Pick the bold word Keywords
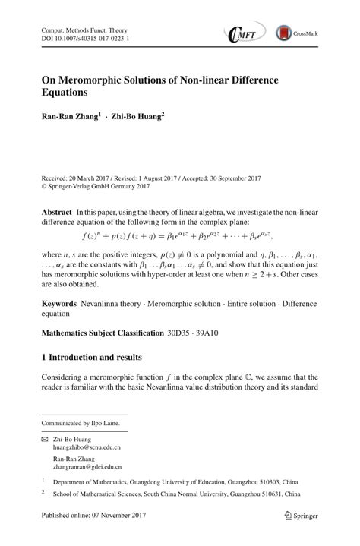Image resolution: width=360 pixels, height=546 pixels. (x=59, y=301)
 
